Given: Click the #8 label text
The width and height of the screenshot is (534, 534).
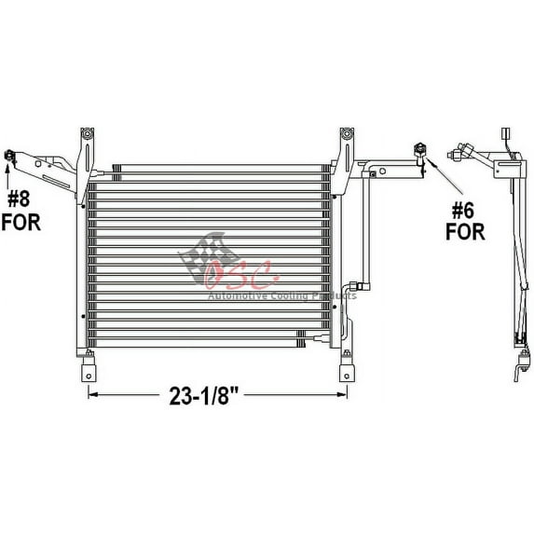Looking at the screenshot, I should coord(21,198).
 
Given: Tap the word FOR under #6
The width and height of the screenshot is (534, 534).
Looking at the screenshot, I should coord(464,230).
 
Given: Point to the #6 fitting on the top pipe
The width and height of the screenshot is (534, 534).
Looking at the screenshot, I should coord(419,149).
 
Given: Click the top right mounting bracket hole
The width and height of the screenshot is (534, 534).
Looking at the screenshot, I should coord(346,136).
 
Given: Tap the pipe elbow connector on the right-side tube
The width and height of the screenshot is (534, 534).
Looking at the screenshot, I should coord(351,290).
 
